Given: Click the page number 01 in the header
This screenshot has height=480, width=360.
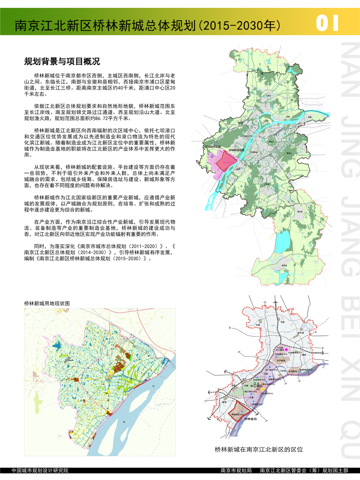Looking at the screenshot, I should [327, 23].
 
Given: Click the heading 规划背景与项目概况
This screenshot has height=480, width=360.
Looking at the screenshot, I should [62, 62].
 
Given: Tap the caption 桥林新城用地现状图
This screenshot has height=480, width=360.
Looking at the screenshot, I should [47, 303].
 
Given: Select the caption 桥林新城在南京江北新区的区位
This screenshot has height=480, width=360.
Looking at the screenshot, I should [259, 449].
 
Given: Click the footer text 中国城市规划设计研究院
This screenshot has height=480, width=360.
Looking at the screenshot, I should [40, 471].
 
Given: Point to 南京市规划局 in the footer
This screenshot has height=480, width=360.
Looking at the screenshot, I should [236, 471].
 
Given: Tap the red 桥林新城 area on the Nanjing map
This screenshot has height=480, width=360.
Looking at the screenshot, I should [226, 161].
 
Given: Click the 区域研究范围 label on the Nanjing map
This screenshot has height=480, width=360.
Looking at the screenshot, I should [213, 147].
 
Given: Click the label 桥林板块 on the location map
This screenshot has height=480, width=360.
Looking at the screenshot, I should [250, 419].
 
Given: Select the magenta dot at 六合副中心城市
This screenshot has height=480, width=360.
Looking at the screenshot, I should [286, 349].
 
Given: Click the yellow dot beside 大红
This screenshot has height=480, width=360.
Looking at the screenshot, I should [262, 390].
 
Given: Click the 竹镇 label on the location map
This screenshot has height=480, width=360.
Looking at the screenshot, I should [257, 325].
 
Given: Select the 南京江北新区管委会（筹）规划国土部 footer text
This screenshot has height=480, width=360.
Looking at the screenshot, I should [304, 471].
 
